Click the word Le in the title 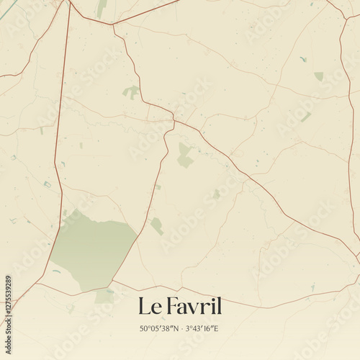(149, 306)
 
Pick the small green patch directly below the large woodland (104, 295)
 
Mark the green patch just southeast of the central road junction (185, 155)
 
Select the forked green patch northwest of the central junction (131, 91)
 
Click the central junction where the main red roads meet (174, 120)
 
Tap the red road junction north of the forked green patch (112, 24)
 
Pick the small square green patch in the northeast (318, 76)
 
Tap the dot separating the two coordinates (180, 329)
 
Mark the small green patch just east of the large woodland (156, 226)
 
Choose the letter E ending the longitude (217, 329)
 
